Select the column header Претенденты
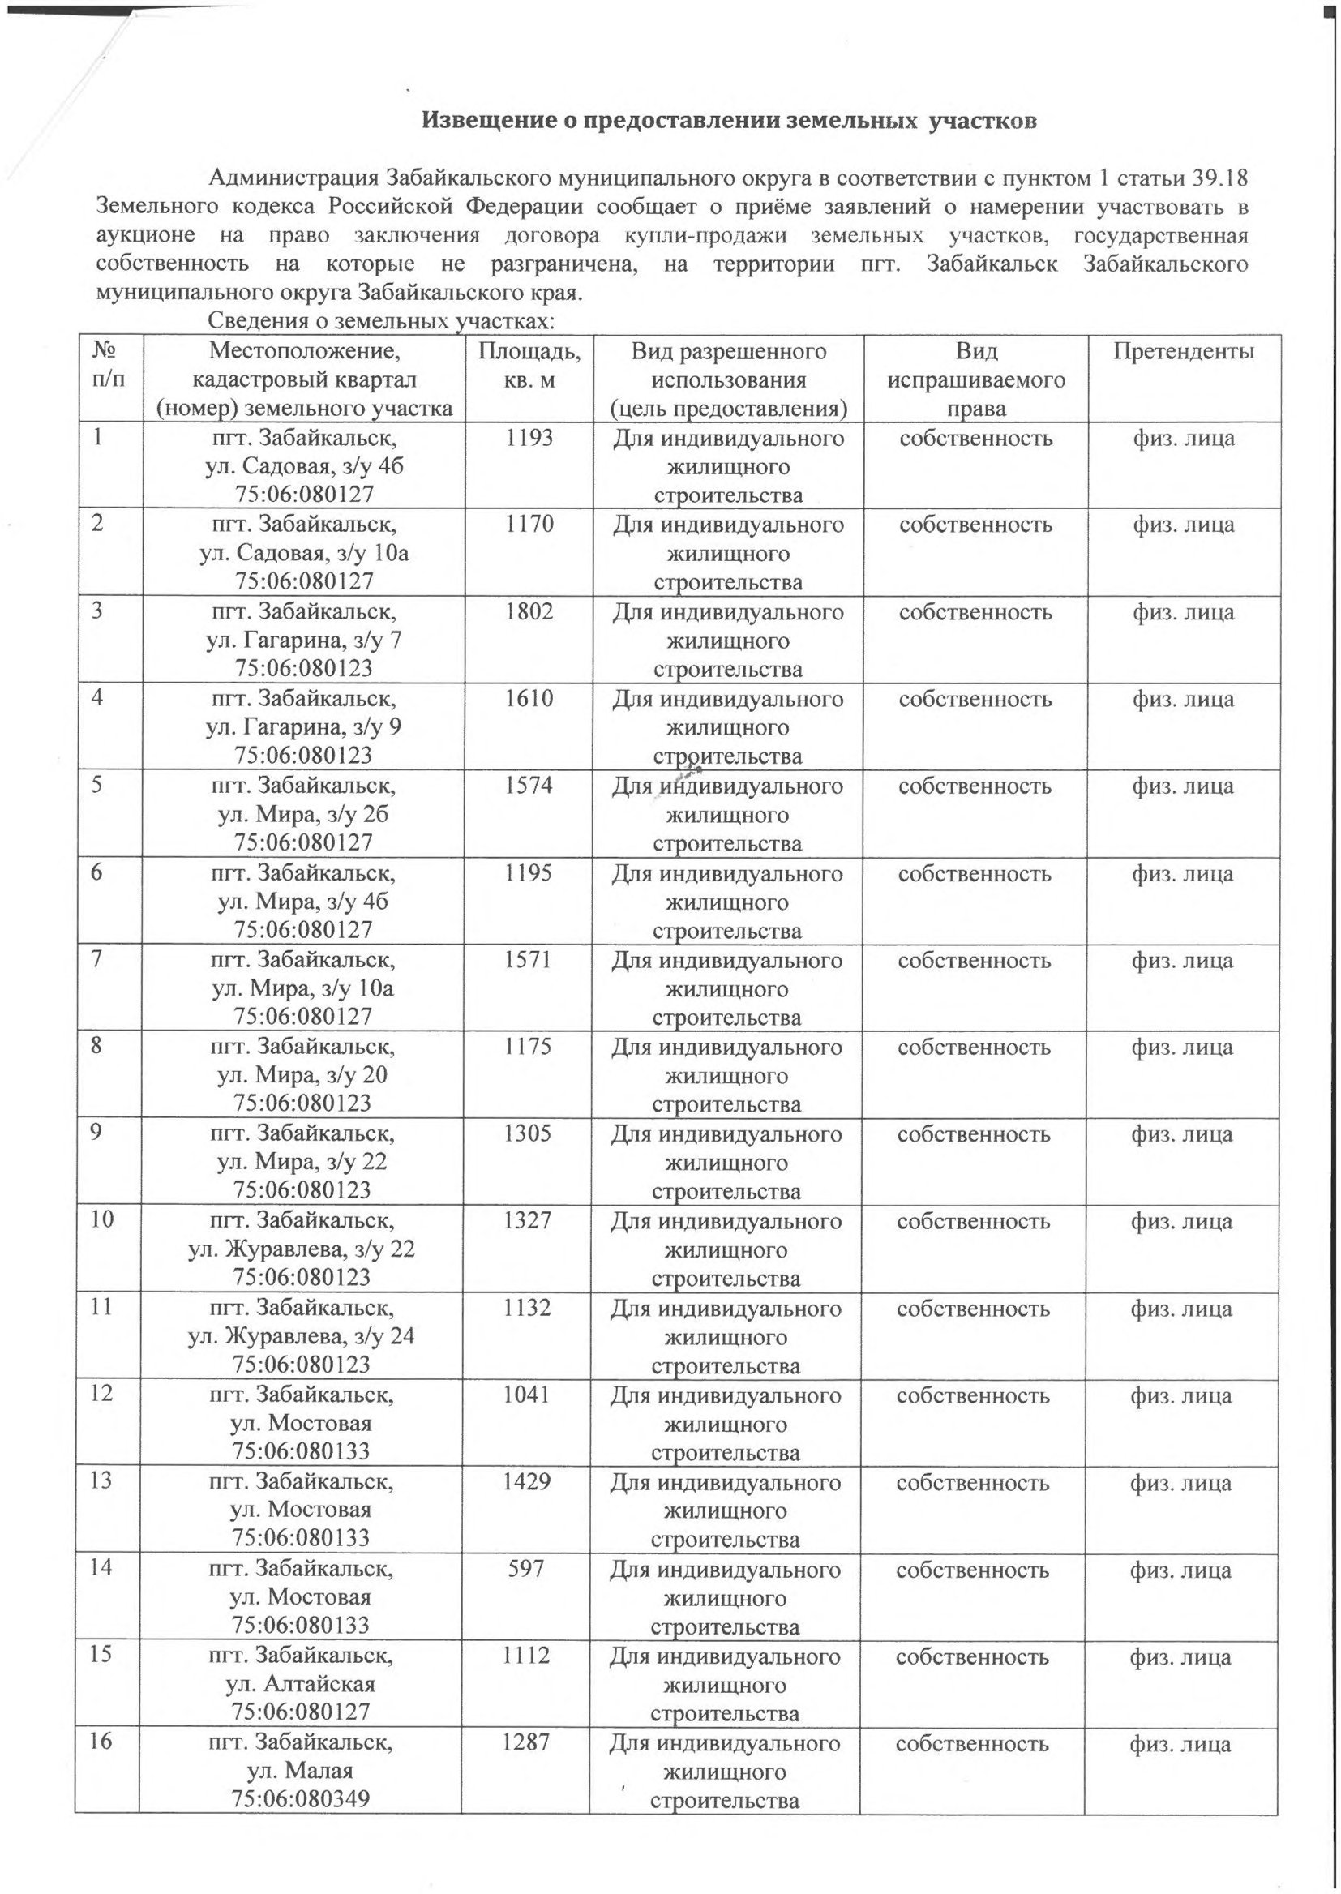pyautogui.click(x=1183, y=352)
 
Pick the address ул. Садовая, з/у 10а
pyautogui.click(x=304, y=553)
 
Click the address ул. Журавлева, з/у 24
pyautogui.click(x=302, y=1337)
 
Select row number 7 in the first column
pyautogui.click(x=98, y=960)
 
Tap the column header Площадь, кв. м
pyautogui.click(x=530, y=366)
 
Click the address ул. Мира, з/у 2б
pyautogui.click(x=303, y=814)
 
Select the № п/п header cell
pyautogui.click(x=105, y=366)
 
